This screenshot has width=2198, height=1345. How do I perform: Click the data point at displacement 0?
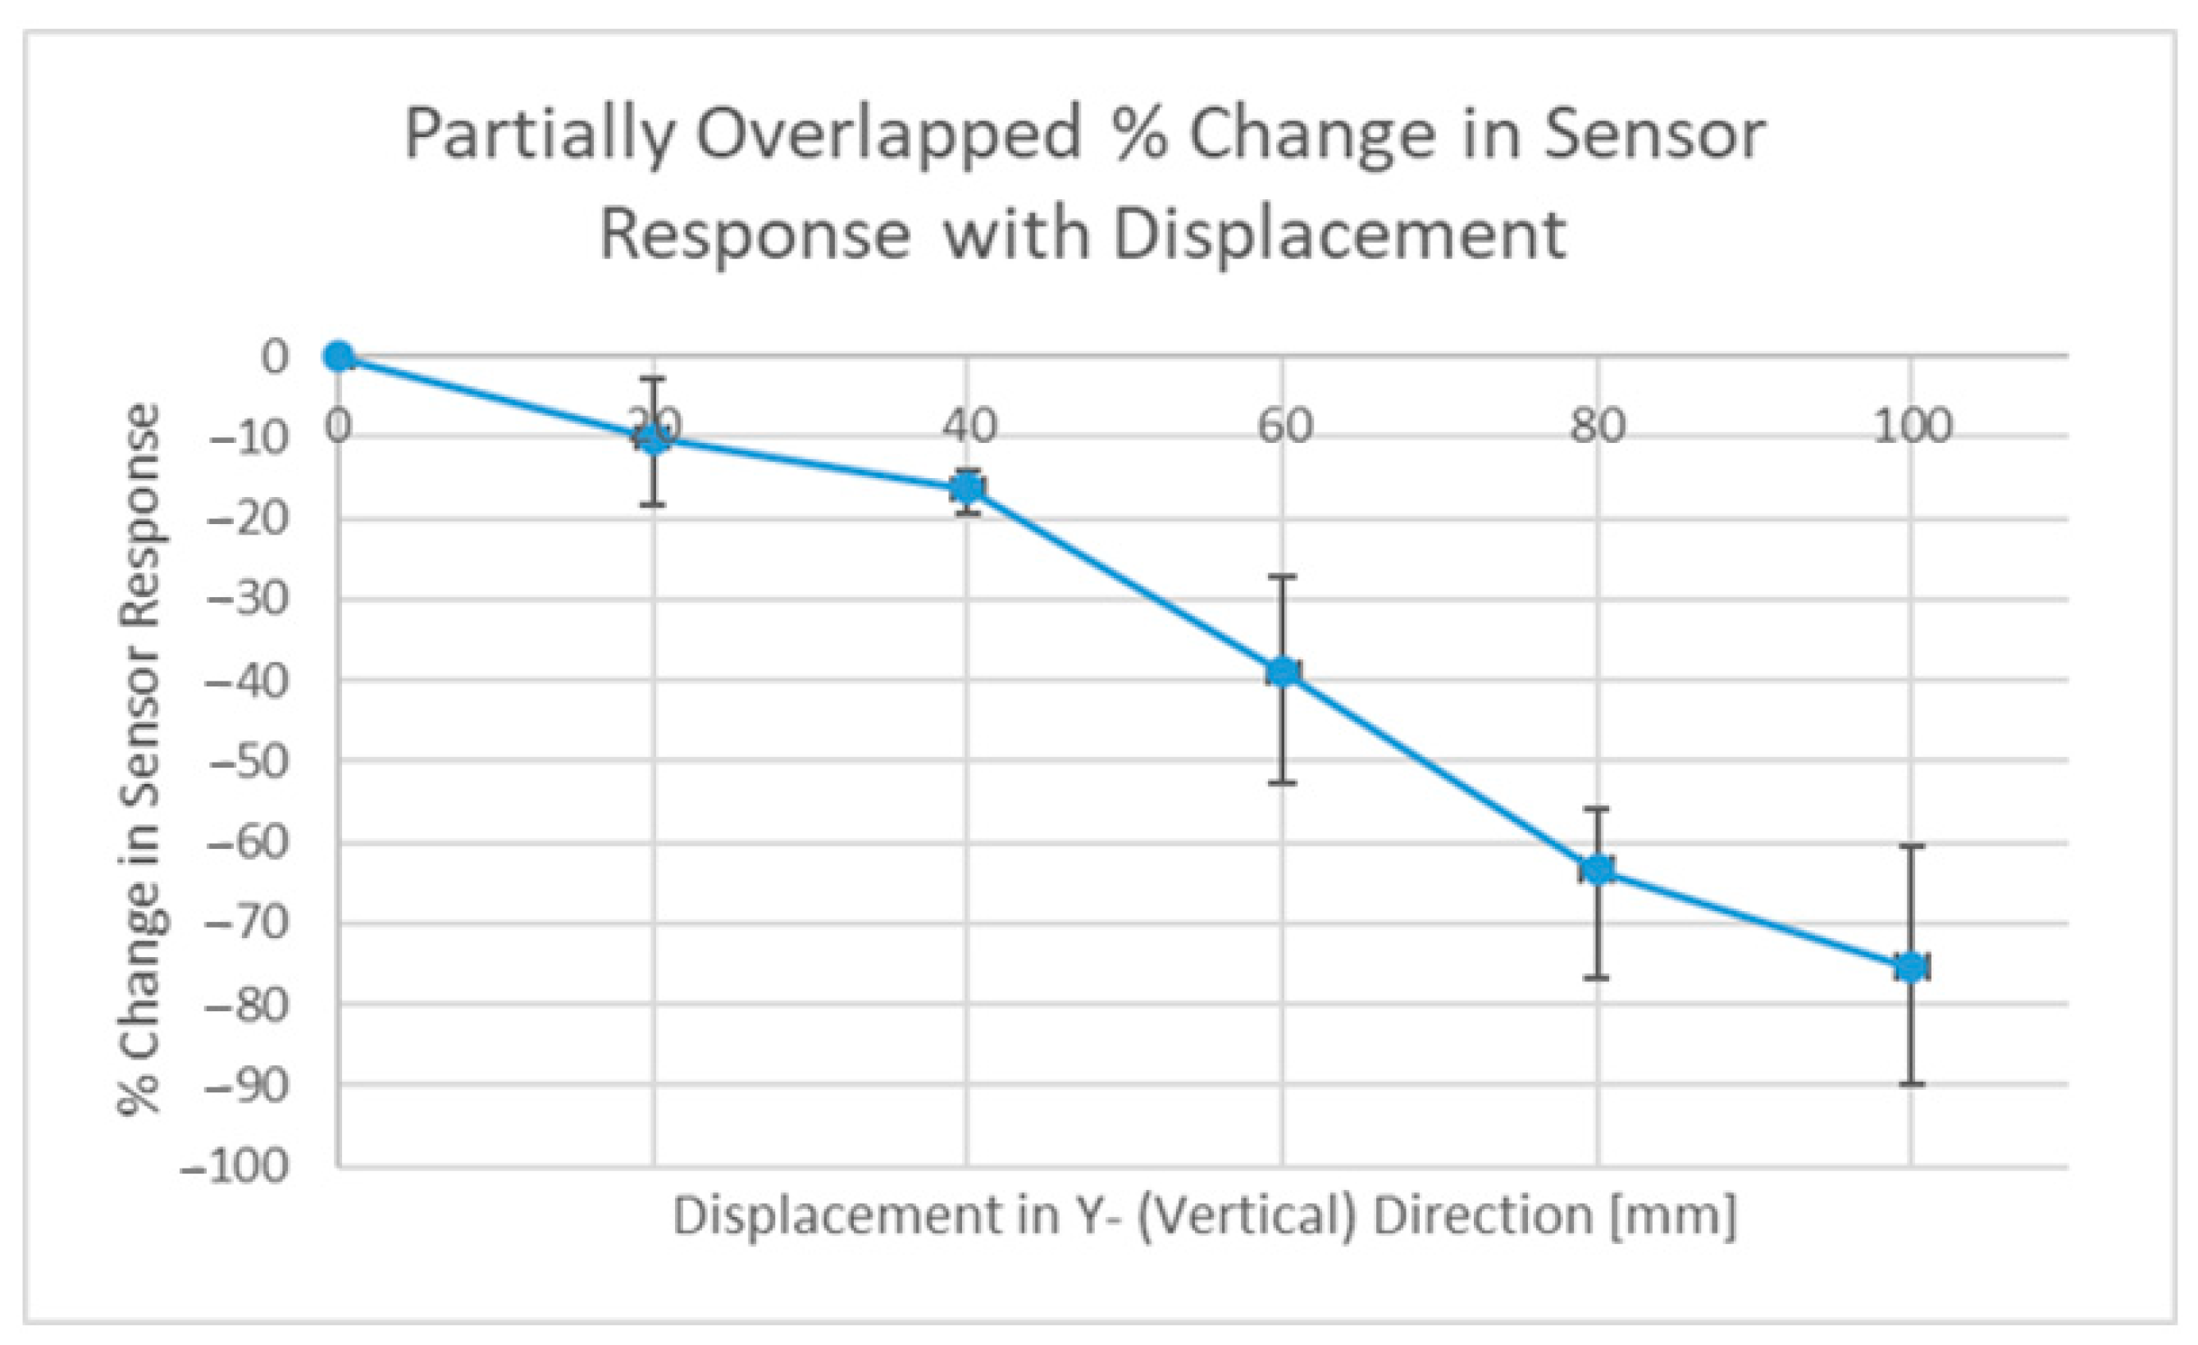pyautogui.click(x=338, y=357)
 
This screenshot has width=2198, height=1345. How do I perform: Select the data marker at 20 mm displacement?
pyautogui.click(x=653, y=438)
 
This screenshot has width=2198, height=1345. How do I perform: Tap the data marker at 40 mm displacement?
pyautogui.click(x=968, y=488)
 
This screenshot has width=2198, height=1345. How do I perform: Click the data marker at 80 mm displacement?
pyautogui.click(x=1598, y=869)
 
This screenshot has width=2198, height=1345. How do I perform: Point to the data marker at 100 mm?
pyautogui.click(x=1911, y=967)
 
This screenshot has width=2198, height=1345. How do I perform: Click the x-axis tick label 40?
pyautogui.click(x=969, y=426)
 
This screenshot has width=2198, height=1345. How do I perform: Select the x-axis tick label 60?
pyautogui.click(x=1284, y=426)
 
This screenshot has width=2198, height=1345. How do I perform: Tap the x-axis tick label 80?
pyautogui.click(x=1598, y=426)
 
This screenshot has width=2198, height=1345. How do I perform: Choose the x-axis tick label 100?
pyautogui.click(x=1912, y=426)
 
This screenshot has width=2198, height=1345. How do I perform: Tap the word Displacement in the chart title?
pyautogui.click(x=1338, y=235)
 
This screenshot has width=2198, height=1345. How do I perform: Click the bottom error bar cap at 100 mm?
pyautogui.click(x=1911, y=1083)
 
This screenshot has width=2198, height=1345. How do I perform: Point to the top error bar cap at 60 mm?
pyautogui.click(x=1283, y=577)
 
